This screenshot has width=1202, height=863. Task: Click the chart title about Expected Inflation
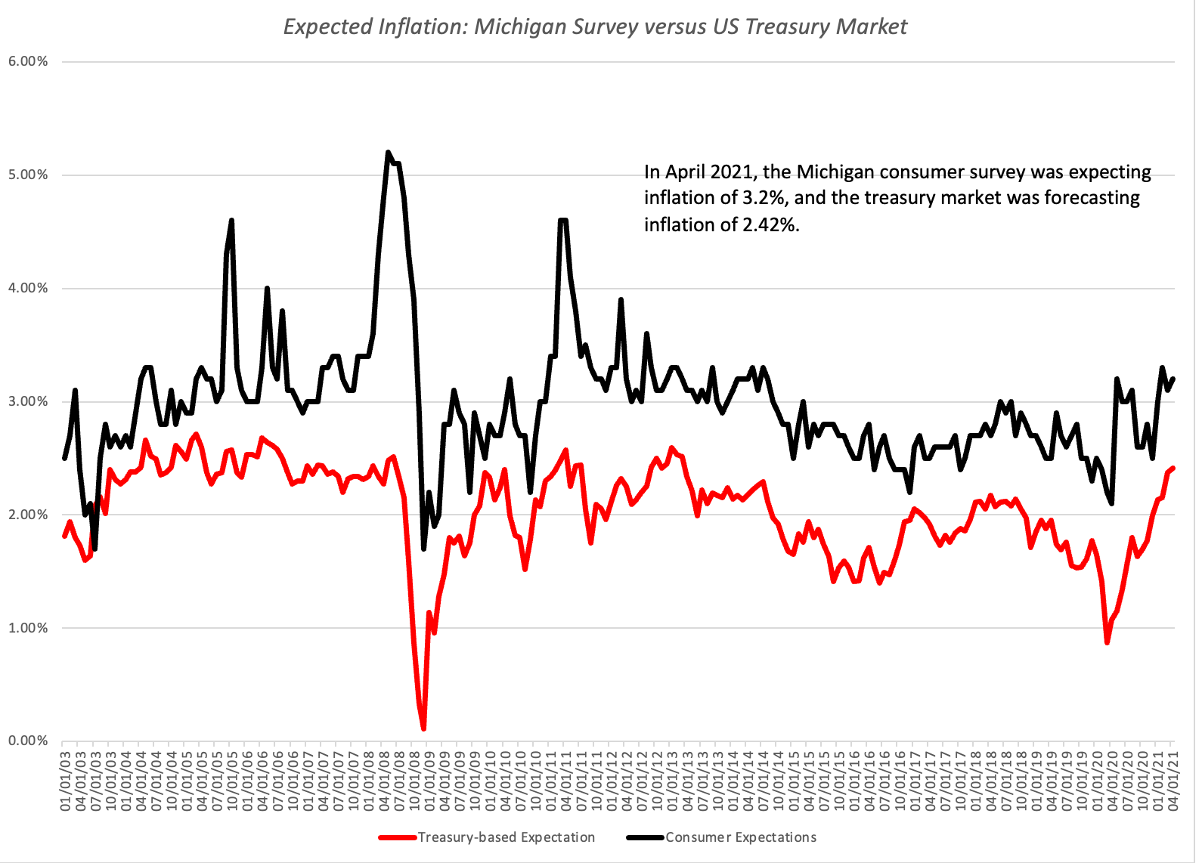pyautogui.click(x=595, y=26)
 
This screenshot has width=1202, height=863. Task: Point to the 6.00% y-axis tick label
pyautogui.click(x=28, y=61)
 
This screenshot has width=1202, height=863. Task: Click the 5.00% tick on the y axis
pyautogui.click(x=28, y=175)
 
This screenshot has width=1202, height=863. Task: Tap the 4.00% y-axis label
pyautogui.click(x=28, y=288)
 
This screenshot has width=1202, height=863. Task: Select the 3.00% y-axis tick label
pyautogui.click(x=28, y=401)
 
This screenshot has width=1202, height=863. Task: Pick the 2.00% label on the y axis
pyautogui.click(x=28, y=515)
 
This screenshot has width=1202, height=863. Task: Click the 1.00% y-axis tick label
pyautogui.click(x=28, y=628)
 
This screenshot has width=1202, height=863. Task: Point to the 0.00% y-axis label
pyautogui.click(x=28, y=741)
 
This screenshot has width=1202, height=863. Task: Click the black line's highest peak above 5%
pyautogui.click(x=388, y=153)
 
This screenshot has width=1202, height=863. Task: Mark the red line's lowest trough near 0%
pyautogui.click(x=423, y=728)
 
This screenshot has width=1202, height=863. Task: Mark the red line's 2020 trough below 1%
pyautogui.click(x=1107, y=642)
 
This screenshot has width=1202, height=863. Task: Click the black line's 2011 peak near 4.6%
pyautogui.click(x=562, y=221)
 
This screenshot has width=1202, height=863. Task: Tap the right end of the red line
pyautogui.click(x=1173, y=468)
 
